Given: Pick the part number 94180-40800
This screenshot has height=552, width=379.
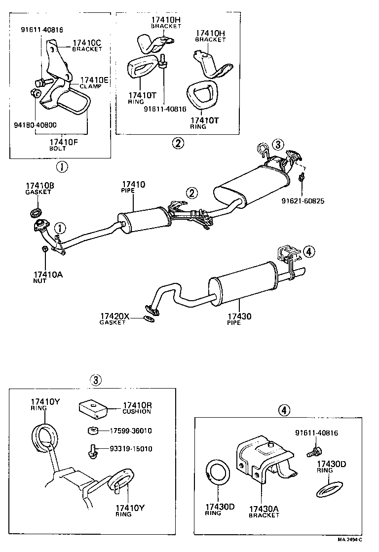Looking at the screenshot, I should coord(35,125).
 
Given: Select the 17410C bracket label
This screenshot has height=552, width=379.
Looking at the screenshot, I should coord(87,43).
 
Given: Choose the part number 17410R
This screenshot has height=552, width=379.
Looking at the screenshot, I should coord(137,405).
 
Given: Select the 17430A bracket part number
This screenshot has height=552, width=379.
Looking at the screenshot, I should coord(264,509).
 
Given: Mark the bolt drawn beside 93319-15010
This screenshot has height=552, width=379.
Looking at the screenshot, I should coord(91,450).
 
